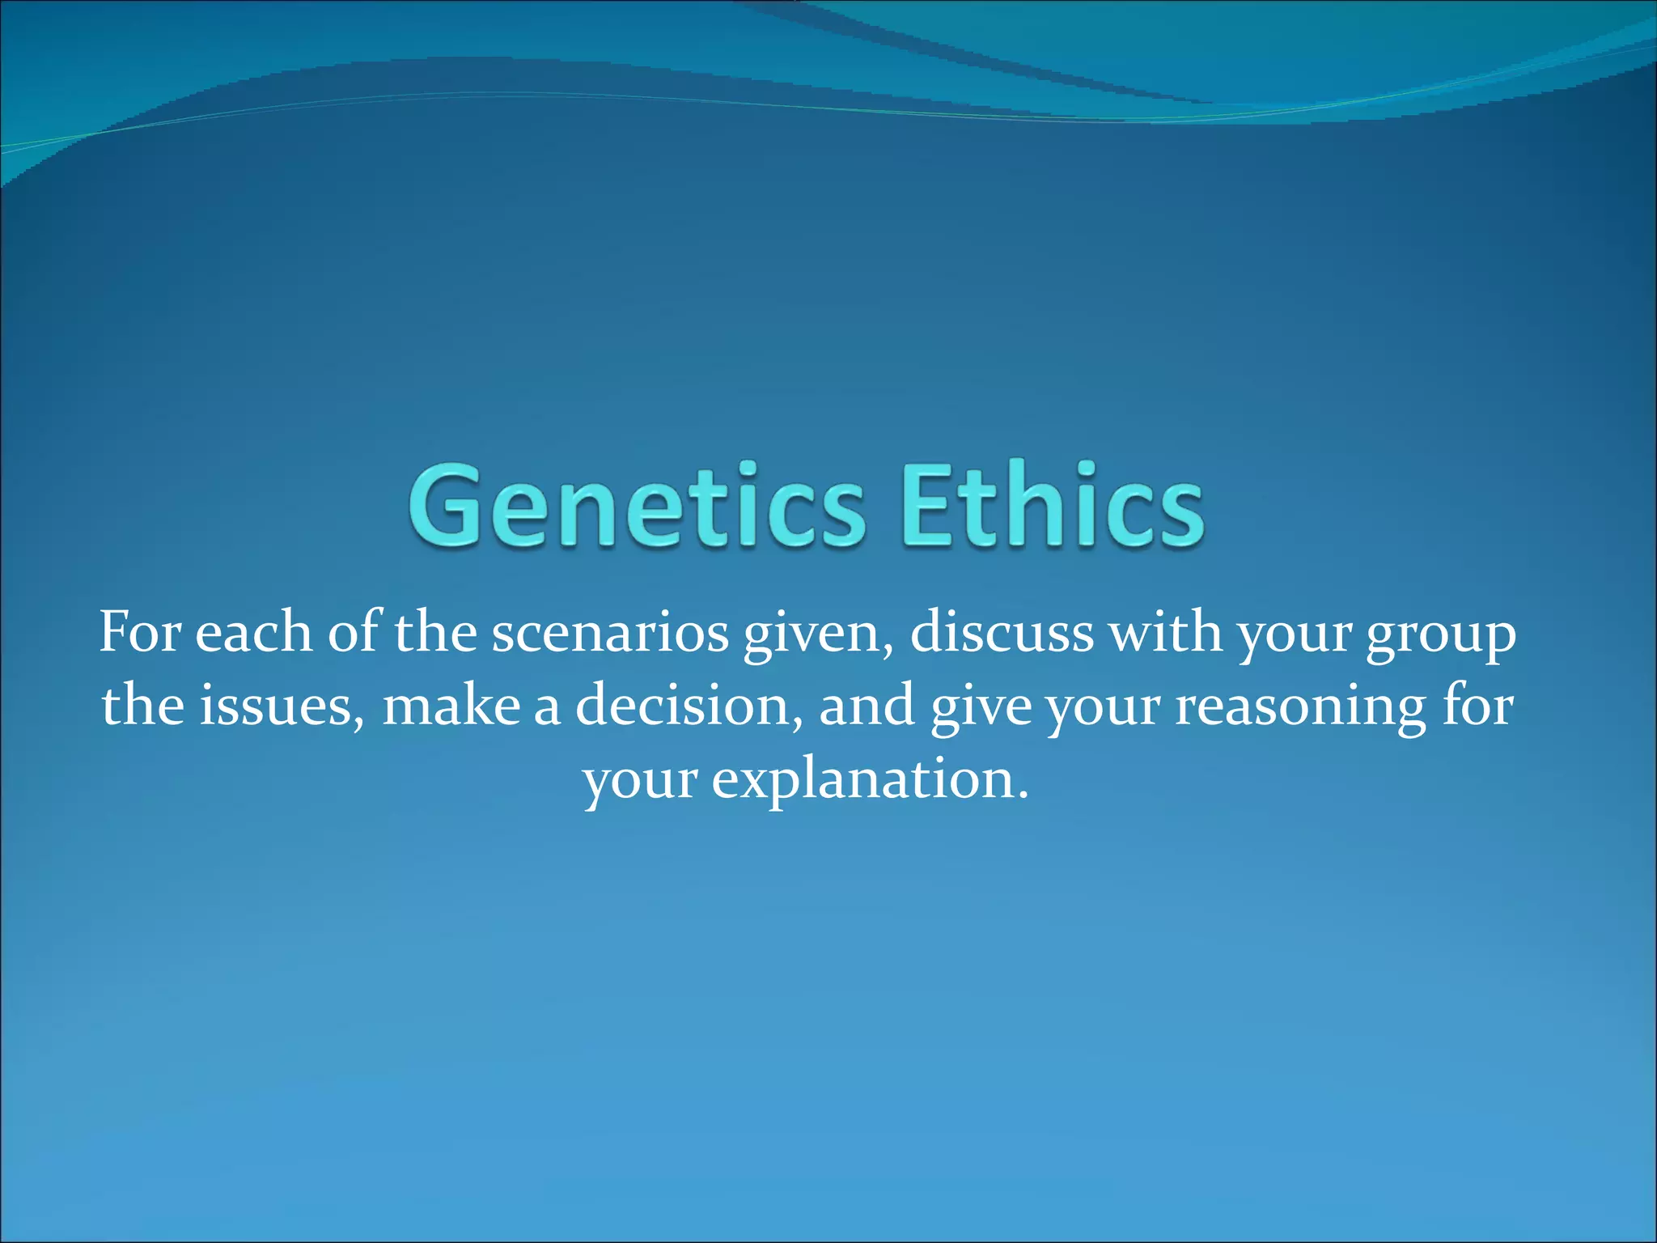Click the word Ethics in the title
(1053, 504)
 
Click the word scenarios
(610, 634)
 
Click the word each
(253, 632)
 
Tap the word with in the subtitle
(1165, 632)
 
